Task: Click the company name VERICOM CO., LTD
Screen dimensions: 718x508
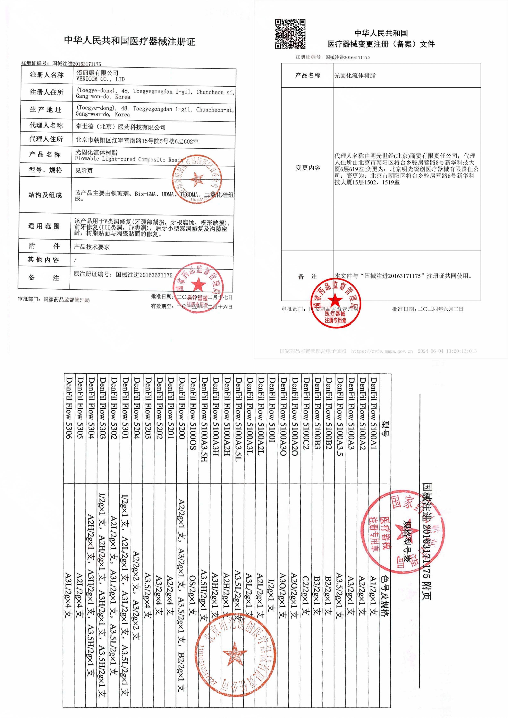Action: point(100,79)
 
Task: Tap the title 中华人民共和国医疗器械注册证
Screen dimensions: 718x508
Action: point(130,41)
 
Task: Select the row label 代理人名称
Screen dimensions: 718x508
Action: point(46,125)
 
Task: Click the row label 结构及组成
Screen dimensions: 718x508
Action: point(45,195)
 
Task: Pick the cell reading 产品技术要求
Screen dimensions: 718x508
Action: point(92,247)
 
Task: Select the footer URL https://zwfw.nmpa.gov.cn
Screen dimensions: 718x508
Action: point(382,351)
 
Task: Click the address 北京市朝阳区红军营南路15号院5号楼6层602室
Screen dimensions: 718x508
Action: point(137,141)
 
